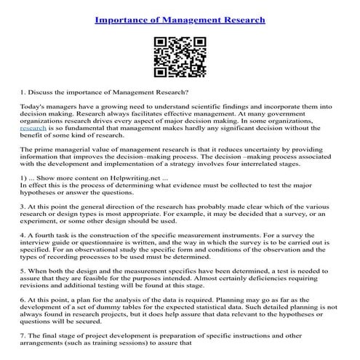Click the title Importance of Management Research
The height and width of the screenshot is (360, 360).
pyautogui.click(x=180, y=17)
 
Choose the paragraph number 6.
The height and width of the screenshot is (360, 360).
pyautogui.click(x=23, y=300)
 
